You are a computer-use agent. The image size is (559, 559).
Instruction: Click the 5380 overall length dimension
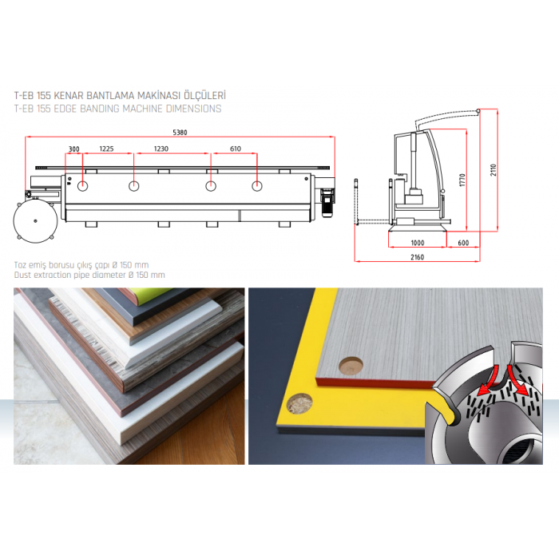coord(180,133)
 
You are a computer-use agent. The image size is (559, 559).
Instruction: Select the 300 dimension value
coord(73,149)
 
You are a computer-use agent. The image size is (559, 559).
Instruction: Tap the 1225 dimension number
coord(106,149)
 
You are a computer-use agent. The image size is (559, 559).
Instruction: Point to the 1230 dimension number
coord(161,149)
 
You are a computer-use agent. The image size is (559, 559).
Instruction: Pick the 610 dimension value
coord(236,149)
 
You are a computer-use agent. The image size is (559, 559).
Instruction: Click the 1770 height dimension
coord(462,180)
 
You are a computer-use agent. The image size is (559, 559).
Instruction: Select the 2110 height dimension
coord(493,170)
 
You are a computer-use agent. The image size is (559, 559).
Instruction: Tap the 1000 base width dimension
coord(417,243)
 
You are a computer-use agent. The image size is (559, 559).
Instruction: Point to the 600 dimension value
coord(463,243)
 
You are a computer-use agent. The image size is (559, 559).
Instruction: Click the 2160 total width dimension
coord(417,257)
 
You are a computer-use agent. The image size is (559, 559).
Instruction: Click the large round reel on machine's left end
coord(35,221)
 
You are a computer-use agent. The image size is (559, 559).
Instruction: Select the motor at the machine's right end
coord(327,203)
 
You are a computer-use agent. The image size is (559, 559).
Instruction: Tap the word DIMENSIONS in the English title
coord(193,109)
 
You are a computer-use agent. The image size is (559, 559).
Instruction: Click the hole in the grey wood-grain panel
coord(351,366)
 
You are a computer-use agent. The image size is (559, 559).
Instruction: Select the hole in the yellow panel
coord(299,403)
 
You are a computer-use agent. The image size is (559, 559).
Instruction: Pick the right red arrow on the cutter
coord(517,381)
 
